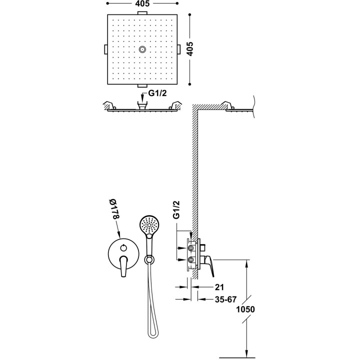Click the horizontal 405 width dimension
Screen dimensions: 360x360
[142, 3]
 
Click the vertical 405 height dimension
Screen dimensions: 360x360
[189, 48]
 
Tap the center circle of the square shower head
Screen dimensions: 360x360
[142, 49]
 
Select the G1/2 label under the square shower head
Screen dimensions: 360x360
[157, 93]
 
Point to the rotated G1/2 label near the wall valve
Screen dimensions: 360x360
[176, 210]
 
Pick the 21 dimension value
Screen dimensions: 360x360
[219, 287]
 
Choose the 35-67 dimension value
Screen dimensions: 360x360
[225, 299]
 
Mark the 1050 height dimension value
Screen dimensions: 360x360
[245, 309]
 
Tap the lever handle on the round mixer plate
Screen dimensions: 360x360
[123, 266]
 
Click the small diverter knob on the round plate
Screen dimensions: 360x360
[123, 247]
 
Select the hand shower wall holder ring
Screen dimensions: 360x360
[149, 260]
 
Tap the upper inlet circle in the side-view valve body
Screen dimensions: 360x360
[191, 248]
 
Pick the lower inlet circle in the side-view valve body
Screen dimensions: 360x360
[191, 259]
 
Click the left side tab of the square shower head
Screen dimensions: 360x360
[106, 49]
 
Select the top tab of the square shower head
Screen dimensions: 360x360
[142, 12]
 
